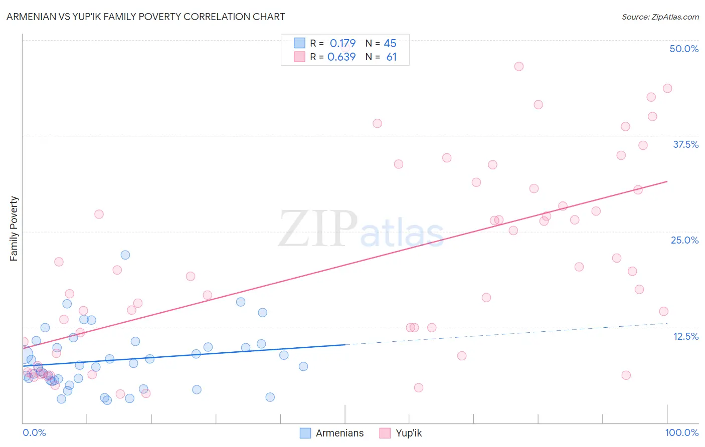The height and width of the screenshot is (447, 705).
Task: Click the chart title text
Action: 145,17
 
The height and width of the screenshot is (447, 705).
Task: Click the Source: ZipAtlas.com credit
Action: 660,17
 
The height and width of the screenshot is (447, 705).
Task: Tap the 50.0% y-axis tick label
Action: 684,49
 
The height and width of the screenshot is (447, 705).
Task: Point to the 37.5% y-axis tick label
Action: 685,144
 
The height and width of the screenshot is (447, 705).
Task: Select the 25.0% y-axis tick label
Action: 684,240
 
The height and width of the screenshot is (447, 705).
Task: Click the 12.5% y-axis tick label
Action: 685,336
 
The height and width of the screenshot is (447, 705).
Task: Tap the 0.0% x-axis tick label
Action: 34,432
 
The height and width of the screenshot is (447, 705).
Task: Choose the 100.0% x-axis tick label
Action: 681,432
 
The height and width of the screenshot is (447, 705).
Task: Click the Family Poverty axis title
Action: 14,229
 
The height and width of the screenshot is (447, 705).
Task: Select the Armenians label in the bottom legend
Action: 339,433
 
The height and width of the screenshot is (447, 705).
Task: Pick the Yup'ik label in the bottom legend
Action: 409,433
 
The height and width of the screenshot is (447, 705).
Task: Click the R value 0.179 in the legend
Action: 342,43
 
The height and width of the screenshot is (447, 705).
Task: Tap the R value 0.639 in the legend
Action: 341,57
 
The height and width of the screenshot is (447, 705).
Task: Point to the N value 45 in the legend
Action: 390,43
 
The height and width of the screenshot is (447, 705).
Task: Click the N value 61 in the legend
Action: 391,57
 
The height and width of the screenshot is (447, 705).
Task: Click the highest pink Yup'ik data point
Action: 519,67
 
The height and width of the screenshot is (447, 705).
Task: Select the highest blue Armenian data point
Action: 125,255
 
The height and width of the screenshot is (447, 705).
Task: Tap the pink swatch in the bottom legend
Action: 385,433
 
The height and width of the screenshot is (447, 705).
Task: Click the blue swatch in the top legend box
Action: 299,43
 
